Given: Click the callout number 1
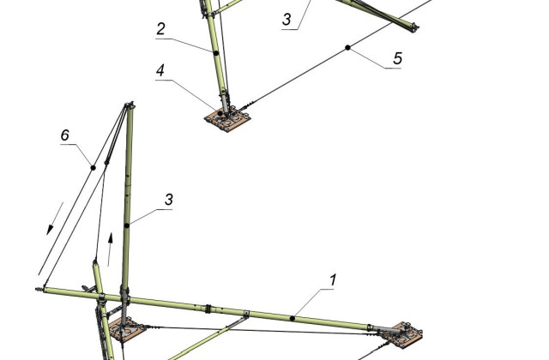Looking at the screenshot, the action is [333, 280].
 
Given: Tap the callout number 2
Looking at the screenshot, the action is [160, 28].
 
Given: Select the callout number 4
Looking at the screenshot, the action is [160, 70].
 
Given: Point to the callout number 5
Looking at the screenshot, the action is [397, 58].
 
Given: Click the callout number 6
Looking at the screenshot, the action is [65, 135].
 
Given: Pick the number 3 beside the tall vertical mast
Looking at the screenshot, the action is [169, 200].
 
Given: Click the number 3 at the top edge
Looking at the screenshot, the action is [287, 19].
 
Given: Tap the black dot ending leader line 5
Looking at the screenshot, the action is [347, 48].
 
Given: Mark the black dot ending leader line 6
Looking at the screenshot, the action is [94, 168].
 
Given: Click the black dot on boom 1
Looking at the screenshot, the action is [293, 318].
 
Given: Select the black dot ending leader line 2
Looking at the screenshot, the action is [216, 53].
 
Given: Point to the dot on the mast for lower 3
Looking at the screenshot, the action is [127, 225].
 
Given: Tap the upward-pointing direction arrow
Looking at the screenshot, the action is [110, 249].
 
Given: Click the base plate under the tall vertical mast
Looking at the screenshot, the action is [127, 329].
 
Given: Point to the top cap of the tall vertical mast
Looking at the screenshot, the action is [130, 105].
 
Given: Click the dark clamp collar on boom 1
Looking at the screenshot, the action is [208, 309].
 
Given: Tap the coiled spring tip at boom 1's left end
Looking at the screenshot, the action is [39, 290].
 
